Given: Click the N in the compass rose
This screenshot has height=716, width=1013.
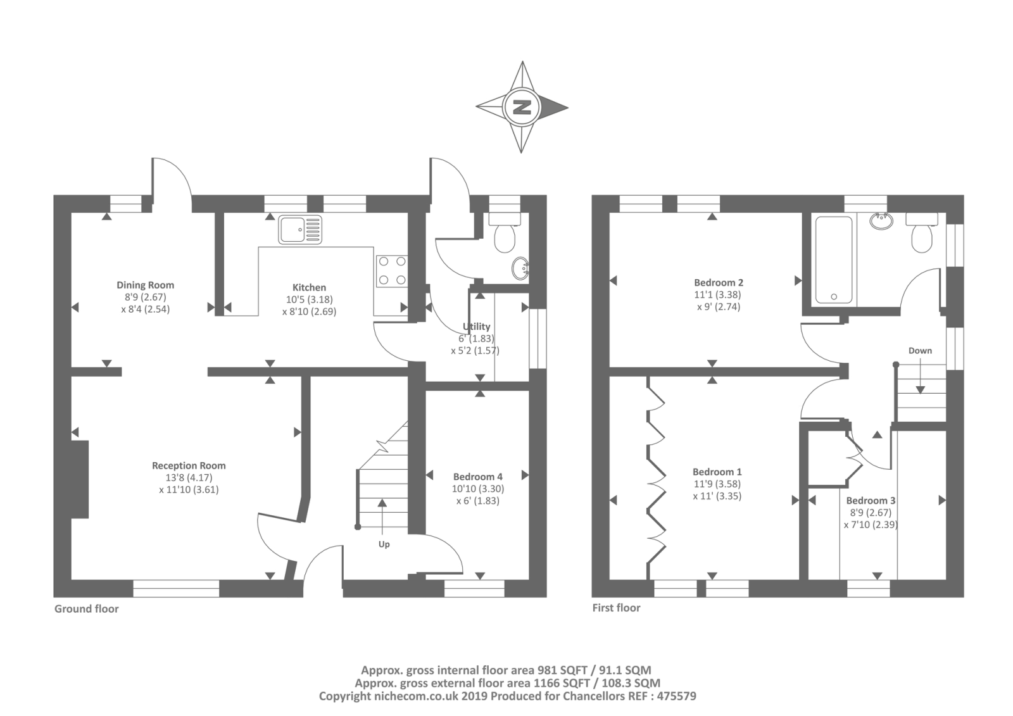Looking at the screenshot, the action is [522, 107].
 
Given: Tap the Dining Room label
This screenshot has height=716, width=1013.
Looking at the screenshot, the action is [145, 285].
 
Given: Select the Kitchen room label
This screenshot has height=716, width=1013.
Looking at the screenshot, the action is [309, 287].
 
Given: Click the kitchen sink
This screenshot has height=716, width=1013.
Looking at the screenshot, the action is [300, 230].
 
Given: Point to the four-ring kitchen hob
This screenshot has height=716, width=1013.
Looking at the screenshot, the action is [392, 271].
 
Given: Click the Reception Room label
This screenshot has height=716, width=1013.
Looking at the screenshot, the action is [189, 465].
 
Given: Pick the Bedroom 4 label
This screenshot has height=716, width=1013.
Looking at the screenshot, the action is [477, 477].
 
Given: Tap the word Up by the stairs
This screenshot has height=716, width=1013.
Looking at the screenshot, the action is [384, 544].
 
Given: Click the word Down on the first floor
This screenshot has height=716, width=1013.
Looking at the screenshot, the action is [920, 351].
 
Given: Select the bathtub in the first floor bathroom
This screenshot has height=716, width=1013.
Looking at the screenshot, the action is [834, 260].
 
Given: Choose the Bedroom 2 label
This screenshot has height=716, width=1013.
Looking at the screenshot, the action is [719, 283].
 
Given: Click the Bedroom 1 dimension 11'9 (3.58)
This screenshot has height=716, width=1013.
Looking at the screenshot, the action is [717, 484].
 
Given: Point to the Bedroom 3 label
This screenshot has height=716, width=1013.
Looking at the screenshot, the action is [871, 501].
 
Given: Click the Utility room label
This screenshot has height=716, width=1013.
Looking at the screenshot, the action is [477, 326].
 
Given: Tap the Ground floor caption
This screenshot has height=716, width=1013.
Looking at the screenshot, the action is [86, 609].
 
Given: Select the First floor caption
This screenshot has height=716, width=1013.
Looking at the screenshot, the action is [617, 608].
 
